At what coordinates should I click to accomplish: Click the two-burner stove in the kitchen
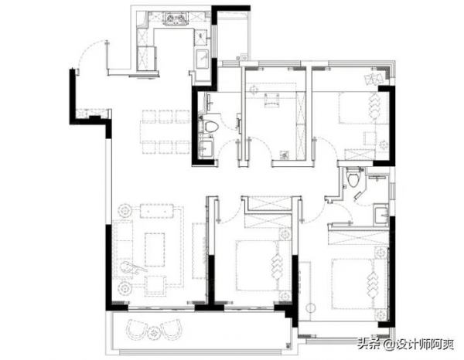click(x=176, y=19)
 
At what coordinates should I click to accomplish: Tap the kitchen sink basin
click(x=203, y=59)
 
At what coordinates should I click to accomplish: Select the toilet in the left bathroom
click(x=211, y=127)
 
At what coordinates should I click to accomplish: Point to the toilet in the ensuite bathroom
click(x=353, y=178)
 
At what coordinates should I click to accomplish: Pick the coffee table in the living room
click(x=155, y=250)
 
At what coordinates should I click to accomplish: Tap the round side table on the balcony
click(x=154, y=333)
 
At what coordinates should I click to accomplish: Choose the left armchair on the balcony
click(x=137, y=329)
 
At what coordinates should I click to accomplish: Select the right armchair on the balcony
click(x=171, y=329)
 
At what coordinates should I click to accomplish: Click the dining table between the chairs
click(x=165, y=132)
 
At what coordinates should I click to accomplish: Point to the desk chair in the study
click(x=271, y=100)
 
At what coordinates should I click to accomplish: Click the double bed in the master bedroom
click(x=360, y=284)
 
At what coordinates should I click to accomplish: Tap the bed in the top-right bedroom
click(x=363, y=107)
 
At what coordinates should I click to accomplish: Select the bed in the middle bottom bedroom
click(x=264, y=265)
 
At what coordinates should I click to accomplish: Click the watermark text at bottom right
click(x=405, y=344)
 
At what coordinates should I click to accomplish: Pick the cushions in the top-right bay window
click(x=374, y=78)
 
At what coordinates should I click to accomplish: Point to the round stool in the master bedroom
click(x=310, y=307)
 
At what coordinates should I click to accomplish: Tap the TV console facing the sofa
click(x=200, y=250)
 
